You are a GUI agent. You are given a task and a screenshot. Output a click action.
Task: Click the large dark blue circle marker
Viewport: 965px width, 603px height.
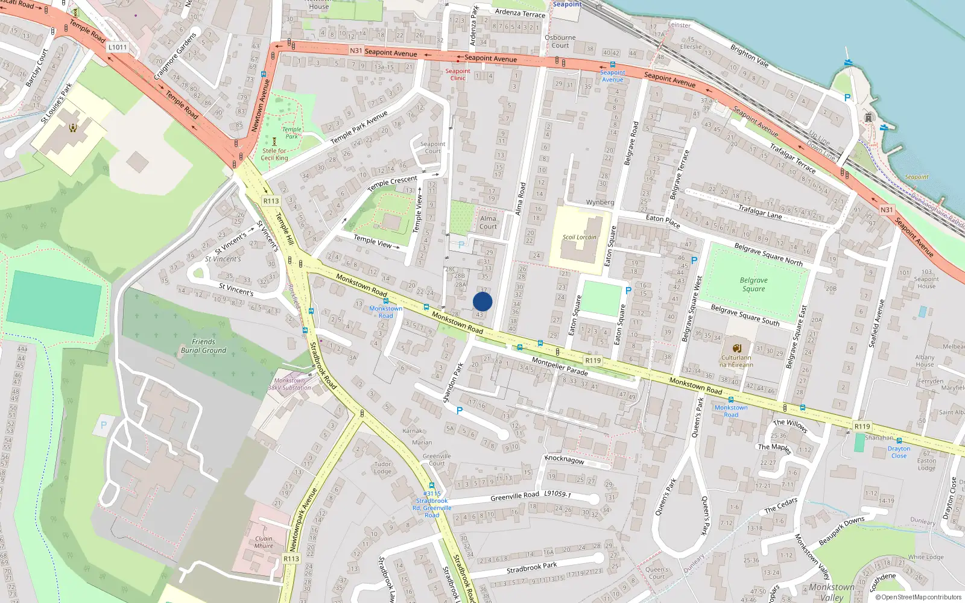coord(482,301)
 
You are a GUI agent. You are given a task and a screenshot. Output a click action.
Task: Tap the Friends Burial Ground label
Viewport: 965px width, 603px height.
coord(203,346)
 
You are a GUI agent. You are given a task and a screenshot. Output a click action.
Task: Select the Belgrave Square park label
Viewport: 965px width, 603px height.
coord(753,285)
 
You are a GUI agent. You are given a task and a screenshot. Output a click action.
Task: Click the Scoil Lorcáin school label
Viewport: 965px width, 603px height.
coord(579,237)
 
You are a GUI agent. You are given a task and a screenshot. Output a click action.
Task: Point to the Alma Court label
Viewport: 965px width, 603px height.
coord(488,223)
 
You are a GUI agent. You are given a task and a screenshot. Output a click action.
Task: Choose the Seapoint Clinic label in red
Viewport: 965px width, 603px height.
coord(458,75)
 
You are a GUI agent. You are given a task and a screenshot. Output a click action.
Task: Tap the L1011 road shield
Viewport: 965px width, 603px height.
coord(118,47)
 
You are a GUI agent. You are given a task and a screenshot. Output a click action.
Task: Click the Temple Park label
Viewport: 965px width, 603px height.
coord(292,133)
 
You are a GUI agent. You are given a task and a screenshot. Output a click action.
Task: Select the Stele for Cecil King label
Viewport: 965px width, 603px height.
coord(274,154)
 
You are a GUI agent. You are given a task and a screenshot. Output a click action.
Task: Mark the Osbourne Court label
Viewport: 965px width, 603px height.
coord(560,41)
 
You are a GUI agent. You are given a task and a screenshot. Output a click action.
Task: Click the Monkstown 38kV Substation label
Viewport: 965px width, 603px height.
coord(289,384)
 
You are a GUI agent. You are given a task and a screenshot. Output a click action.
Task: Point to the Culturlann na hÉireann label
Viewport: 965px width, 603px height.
coord(736,361)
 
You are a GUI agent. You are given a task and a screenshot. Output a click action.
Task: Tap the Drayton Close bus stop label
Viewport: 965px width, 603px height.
coord(899,452)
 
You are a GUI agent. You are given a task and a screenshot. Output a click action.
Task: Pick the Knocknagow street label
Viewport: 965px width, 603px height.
coord(565,459)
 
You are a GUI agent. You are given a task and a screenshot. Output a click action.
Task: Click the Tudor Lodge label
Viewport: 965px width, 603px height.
coord(382,467)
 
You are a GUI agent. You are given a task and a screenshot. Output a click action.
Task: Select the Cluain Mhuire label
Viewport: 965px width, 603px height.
coord(264,542)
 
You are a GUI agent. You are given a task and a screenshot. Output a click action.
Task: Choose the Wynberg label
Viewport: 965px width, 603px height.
coord(600,203)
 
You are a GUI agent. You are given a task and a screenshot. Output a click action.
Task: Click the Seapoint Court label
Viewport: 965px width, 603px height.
coord(432,148)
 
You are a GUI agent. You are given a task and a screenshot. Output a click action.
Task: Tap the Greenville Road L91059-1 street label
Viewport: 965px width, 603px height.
coord(531,495)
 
